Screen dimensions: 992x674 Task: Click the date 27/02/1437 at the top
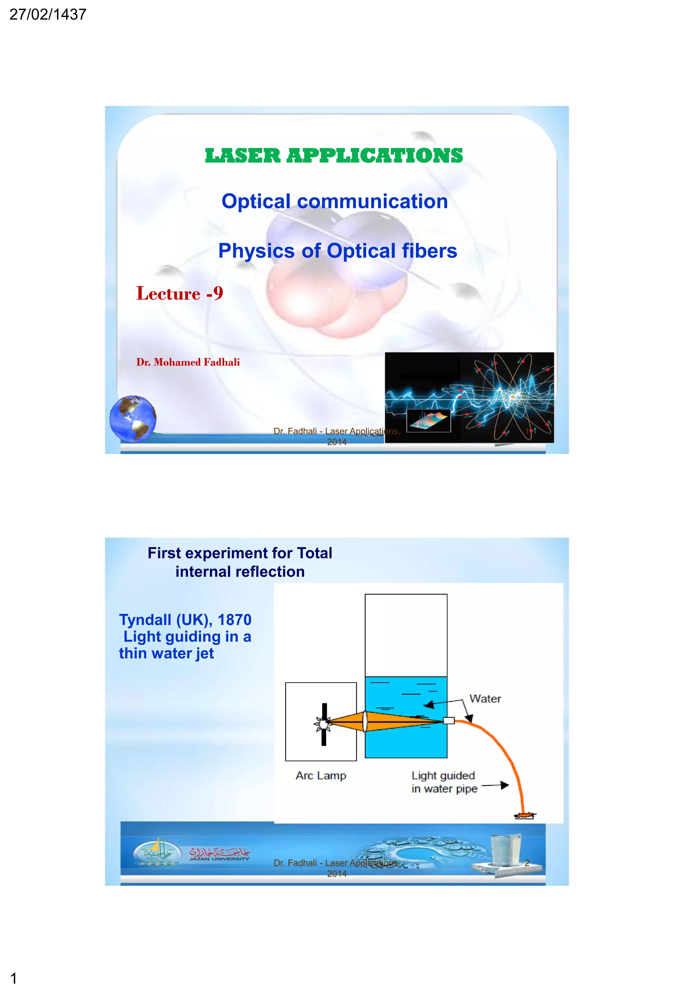[x=48, y=14]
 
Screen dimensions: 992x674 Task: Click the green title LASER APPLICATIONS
[x=334, y=155]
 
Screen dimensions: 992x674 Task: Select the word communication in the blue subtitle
[x=372, y=201]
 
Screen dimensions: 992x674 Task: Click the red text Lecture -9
[x=180, y=293]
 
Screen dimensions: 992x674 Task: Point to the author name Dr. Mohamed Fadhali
[x=188, y=362]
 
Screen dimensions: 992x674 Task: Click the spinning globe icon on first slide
[x=133, y=418]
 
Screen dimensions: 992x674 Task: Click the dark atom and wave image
[x=469, y=397]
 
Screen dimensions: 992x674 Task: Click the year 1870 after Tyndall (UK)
[x=234, y=619]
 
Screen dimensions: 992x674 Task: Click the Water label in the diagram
[x=485, y=699]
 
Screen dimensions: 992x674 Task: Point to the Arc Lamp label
[x=321, y=775]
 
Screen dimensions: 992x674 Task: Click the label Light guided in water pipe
[x=444, y=782]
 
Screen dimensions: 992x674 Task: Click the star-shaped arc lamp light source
[x=323, y=724]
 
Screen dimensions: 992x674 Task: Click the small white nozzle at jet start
[x=449, y=721]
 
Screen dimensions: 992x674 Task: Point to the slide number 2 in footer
[x=527, y=863]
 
